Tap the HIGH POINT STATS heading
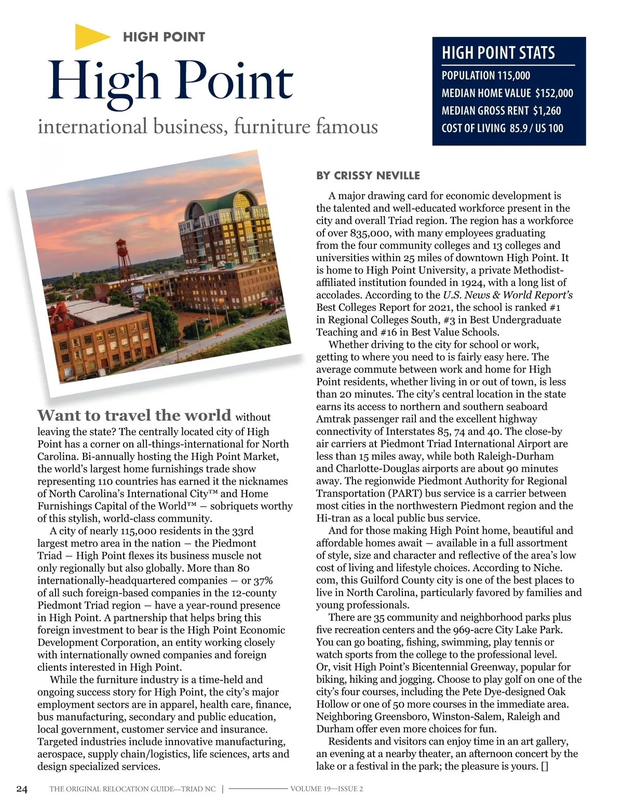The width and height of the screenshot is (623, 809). point(498,53)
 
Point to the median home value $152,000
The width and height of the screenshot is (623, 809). point(554,93)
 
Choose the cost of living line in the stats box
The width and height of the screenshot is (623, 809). point(502,128)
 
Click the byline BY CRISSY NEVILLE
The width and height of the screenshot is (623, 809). point(368,176)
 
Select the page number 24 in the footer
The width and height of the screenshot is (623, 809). point(22,789)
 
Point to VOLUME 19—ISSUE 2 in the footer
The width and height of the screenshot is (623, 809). point(327,789)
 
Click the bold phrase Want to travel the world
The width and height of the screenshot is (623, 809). point(134,415)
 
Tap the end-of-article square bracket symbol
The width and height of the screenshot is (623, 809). point(544,766)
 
